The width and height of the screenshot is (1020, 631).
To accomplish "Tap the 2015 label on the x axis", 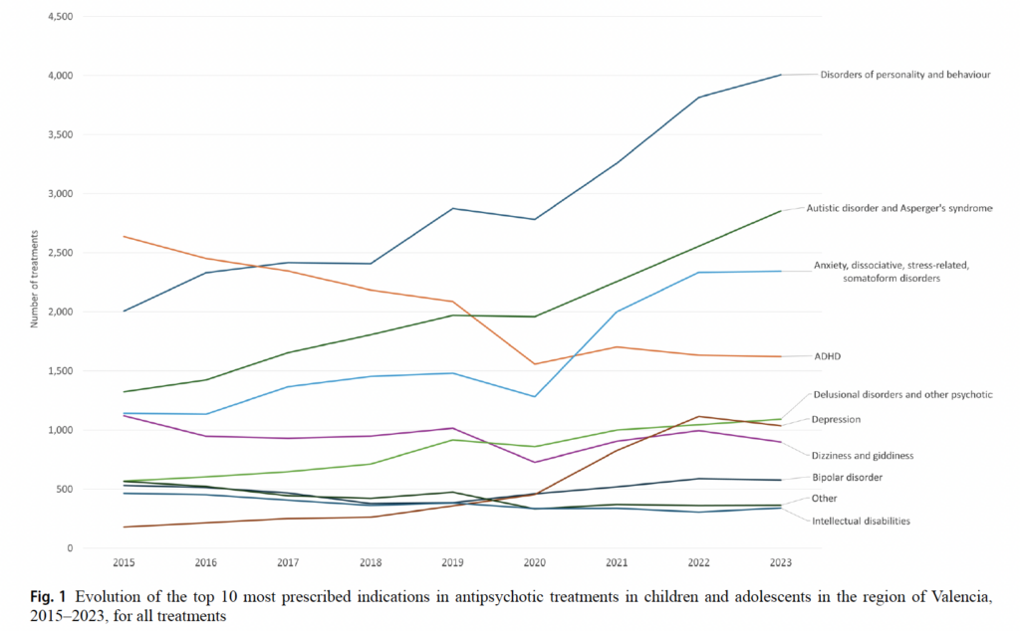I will (x=124, y=562).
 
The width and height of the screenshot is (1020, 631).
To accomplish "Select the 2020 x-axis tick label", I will (x=534, y=562).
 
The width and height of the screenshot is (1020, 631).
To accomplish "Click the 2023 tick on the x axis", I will (x=780, y=562).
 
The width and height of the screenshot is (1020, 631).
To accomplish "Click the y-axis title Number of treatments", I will (x=33, y=279).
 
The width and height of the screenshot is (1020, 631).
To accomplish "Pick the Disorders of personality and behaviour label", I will (x=904, y=74).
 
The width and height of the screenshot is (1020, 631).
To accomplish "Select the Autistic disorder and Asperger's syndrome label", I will (x=898, y=208).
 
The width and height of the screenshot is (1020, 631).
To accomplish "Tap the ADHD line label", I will (x=828, y=355).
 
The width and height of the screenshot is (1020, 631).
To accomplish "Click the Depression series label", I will (x=836, y=419).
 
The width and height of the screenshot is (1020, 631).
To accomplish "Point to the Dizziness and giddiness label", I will (x=863, y=455).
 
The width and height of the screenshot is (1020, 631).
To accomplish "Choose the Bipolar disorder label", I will (x=848, y=478).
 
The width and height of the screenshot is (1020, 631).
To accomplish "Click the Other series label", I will (x=824, y=499).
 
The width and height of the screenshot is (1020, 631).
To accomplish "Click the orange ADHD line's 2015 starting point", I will (x=124, y=237).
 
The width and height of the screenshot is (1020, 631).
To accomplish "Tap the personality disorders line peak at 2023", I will (x=780, y=75).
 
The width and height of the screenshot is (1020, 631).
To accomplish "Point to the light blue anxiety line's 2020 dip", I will (x=534, y=397).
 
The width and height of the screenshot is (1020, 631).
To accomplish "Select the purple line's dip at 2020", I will (x=534, y=462).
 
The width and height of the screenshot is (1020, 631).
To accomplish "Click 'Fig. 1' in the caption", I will (x=47, y=596).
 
